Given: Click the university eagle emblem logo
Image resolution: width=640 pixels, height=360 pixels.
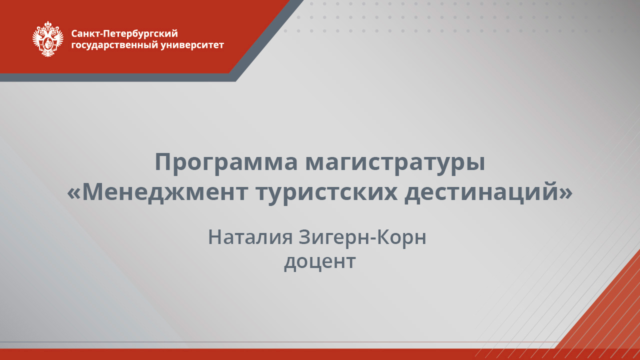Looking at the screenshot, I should [48, 39].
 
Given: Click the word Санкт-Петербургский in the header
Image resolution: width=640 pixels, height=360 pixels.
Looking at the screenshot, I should [124, 34].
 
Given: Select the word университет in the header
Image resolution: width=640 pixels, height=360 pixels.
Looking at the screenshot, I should [193, 45].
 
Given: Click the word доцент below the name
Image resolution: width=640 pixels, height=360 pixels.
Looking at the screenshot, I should [319, 261].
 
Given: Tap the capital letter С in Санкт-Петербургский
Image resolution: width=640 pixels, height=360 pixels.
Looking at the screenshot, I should [74, 34].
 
